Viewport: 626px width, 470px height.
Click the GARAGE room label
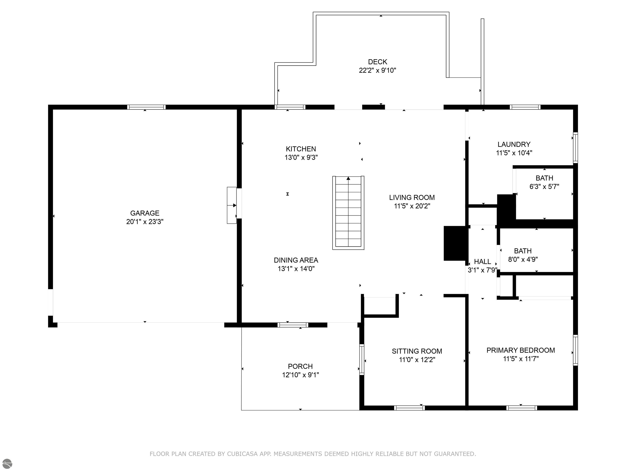[x=145, y=213]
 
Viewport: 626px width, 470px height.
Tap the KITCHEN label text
[x=301, y=149]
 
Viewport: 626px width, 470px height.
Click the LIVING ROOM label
[x=412, y=197]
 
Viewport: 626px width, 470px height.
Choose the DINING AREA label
[x=296, y=260]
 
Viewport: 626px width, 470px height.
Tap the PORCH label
[x=300, y=366]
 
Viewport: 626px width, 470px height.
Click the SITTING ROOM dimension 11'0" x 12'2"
[x=417, y=360]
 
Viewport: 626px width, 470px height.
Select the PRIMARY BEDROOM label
[x=521, y=350]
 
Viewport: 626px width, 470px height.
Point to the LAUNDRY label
[x=514, y=144]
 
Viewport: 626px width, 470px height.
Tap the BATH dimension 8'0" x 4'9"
[x=523, y=259]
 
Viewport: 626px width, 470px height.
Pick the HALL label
[x=483, y=262]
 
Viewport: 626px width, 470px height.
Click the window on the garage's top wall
[x=146, y=107]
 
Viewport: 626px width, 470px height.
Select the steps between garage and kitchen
[x=232, y=205]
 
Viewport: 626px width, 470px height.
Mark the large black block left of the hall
[x=455, y=243]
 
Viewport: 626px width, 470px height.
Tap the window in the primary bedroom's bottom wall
[x=522, y=408]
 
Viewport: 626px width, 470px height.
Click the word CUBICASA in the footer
[x=242, y=454]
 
